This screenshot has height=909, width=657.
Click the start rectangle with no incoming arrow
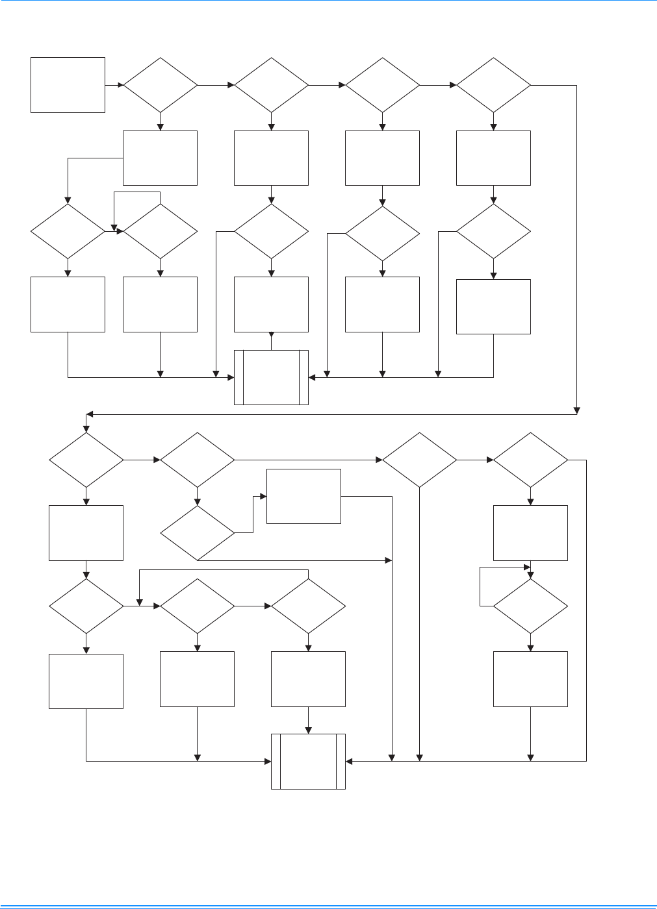(x=68, y=84)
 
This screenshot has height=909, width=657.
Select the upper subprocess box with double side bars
(x=271, y=377)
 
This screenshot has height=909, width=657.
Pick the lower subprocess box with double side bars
(x=308, y=761)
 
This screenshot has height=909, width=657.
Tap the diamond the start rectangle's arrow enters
(x=161, y=85)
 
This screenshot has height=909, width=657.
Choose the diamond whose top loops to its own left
(x=161, y=231)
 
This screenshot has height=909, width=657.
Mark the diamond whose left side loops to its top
(x=530, y=606)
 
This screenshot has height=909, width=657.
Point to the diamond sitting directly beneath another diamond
(x=197, y=533)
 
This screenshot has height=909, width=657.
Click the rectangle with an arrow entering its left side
(x=303, y=496)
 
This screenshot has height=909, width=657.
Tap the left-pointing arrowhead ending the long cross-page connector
(x=90, y=414)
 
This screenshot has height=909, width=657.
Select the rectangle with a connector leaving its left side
(x=161, y=158)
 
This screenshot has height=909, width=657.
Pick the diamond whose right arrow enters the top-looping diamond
(x=68, y=231)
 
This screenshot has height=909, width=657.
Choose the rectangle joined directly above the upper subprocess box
(x=271, y=305)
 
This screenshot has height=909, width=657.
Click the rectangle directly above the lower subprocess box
(x=308, y=679)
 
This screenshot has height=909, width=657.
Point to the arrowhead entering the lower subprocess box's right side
(x=350, y=760)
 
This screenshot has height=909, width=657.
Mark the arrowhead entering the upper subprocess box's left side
(x=231, y=377)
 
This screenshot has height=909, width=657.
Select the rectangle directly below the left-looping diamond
(x=530, y=679)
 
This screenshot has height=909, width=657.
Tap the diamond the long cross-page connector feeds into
(x=86, y=460)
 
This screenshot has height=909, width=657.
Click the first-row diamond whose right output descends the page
(x=493, y=85)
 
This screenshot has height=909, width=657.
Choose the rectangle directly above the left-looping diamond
(x=530, y=532)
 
